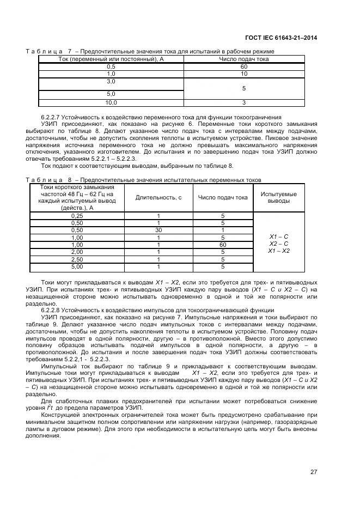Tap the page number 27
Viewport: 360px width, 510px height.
coord(314,472)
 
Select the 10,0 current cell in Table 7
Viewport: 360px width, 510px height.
coord(111,102)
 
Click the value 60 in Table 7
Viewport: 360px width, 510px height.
coord(244,65)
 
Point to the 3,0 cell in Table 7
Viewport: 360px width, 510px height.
coord(111,81)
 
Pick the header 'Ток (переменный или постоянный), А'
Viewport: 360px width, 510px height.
coord(111,58)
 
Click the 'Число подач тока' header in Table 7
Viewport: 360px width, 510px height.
coord(244,58)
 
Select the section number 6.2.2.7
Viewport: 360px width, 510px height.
coord(51,117)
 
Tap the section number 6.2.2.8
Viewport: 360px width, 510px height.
coord(51,309)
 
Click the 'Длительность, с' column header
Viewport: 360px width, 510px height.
coord(158,197)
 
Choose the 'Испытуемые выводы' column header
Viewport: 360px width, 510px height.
coord(279,197)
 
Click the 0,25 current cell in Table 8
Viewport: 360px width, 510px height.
coord(77,216)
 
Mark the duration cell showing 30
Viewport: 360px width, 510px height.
coord(158,230)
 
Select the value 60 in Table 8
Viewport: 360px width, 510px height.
coord(223,245)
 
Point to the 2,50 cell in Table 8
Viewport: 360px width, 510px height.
coord(77,259)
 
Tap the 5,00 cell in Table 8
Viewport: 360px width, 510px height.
coord(77,267)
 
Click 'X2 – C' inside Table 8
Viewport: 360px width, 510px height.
coord(279,244)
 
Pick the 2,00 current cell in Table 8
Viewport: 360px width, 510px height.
coord(77,252)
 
